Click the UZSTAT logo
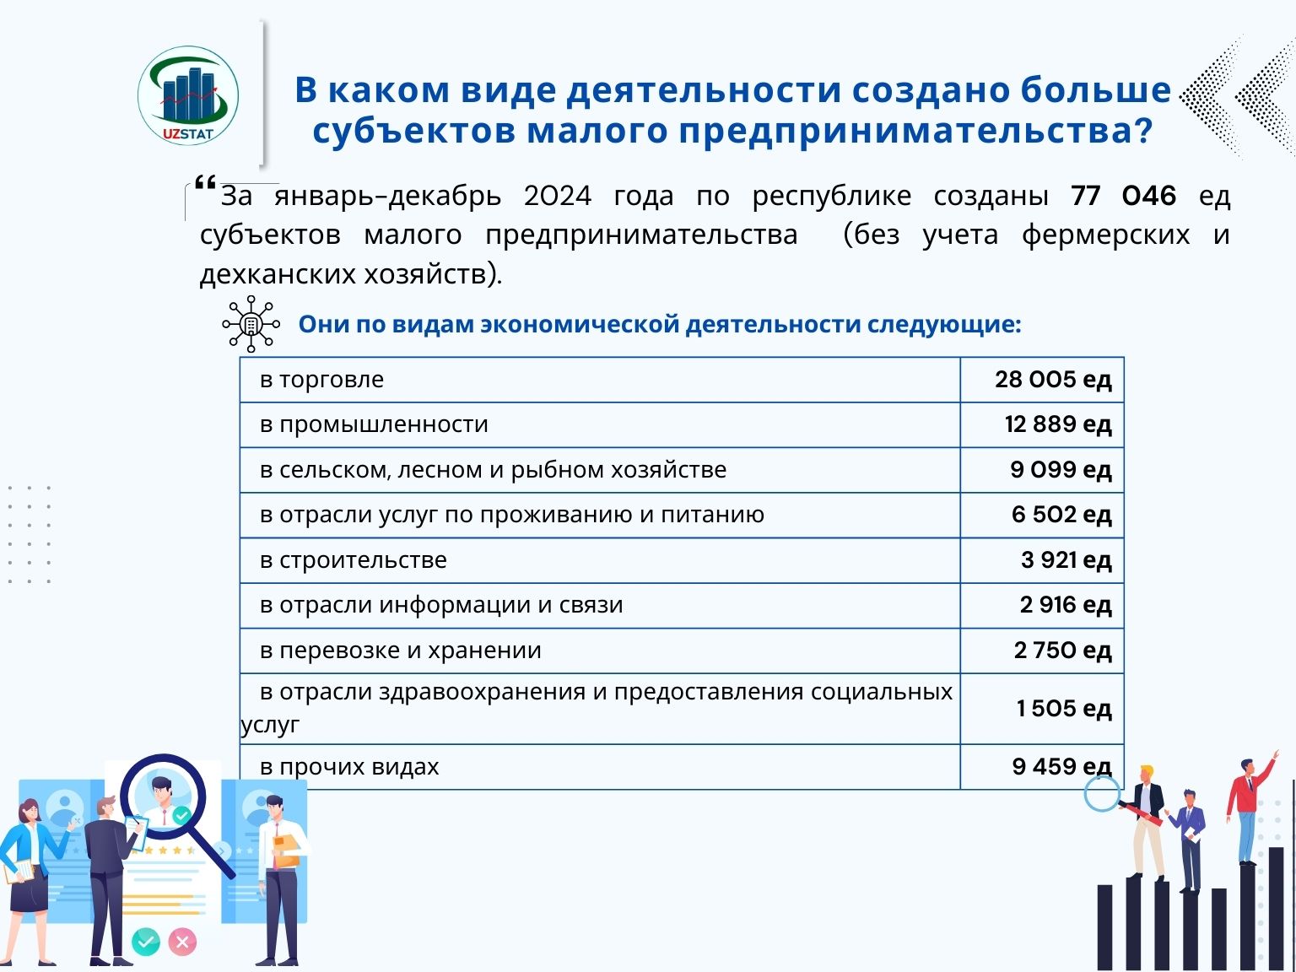point(188,95)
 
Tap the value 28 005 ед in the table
point(1052,380)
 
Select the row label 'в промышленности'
point(374,424)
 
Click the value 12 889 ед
point(1057,424)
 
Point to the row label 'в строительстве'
point(353,560)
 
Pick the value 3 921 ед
point(1066,560)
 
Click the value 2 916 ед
point(1065,605)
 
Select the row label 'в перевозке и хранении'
point(400,651)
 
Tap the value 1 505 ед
point(1063,709)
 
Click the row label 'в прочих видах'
point(349,767)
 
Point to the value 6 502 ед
point(1061,515)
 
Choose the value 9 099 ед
point(1061,470)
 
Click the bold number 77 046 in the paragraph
point(1123,196)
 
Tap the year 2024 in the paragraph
point(557,196)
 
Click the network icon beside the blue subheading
point(251,324)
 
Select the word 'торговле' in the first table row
point(331,380)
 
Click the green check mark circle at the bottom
point(146,941)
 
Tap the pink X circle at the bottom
point(182,941)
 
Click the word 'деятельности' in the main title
point(704,89)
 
